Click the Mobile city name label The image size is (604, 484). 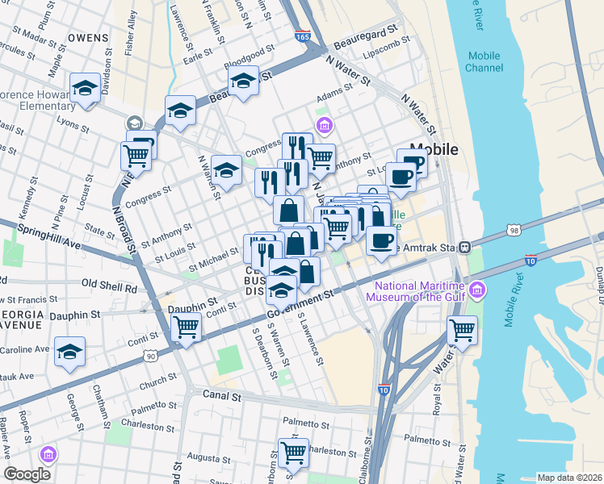click(434, 149)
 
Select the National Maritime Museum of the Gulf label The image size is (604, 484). click(417, 290)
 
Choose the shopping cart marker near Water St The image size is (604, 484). click(462, 330)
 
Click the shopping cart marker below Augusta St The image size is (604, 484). click(293, 452)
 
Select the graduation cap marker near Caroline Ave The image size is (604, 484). click(70, 352)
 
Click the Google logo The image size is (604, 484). click(27, 474)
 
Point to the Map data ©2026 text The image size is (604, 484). click(570, 478)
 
